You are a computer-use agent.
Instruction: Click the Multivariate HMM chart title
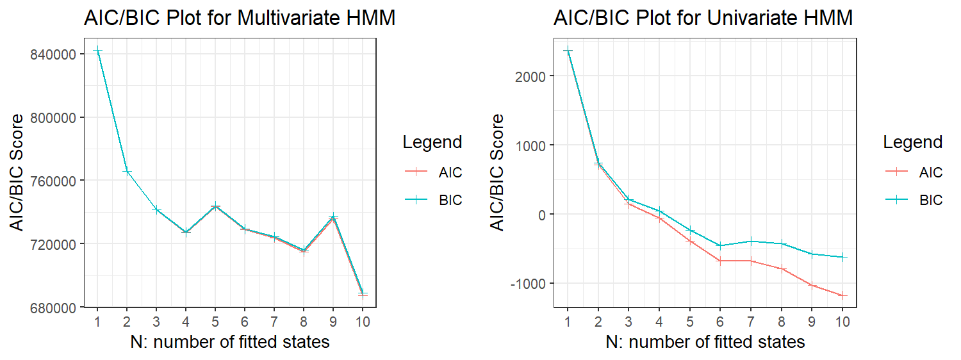click(239, 19)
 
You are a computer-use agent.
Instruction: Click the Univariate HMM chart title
click(703, 19)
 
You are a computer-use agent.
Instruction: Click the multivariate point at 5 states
click(215, 206)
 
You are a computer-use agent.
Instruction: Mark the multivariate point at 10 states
click(363, 293)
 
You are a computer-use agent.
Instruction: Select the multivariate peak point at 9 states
click(333, 217)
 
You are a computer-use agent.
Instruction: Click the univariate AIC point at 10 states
click(843, 295)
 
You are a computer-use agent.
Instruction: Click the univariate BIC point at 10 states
click(843, 257)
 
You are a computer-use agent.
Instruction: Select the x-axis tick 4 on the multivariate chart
click(186, 321)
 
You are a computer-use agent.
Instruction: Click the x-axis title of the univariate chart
click(705, 342)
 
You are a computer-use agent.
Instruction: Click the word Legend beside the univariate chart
click(912, 142)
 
